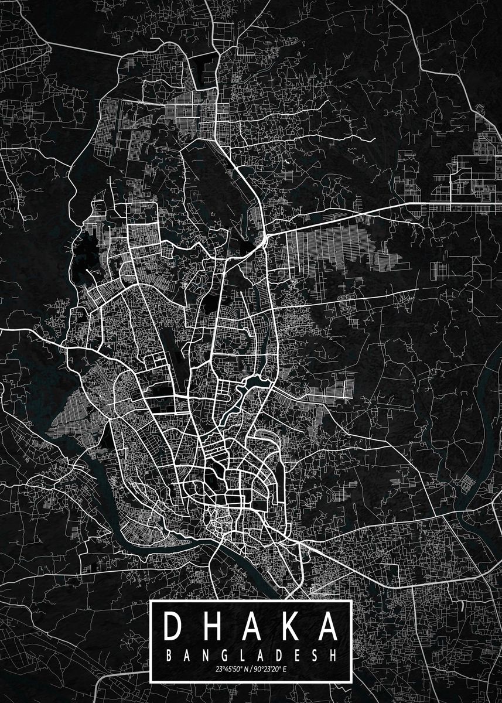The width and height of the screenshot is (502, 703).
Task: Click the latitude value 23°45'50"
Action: pyautogui.click(x=229, y=668)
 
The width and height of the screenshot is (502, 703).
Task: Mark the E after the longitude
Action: pyautogui.click(x=284, y=668)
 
